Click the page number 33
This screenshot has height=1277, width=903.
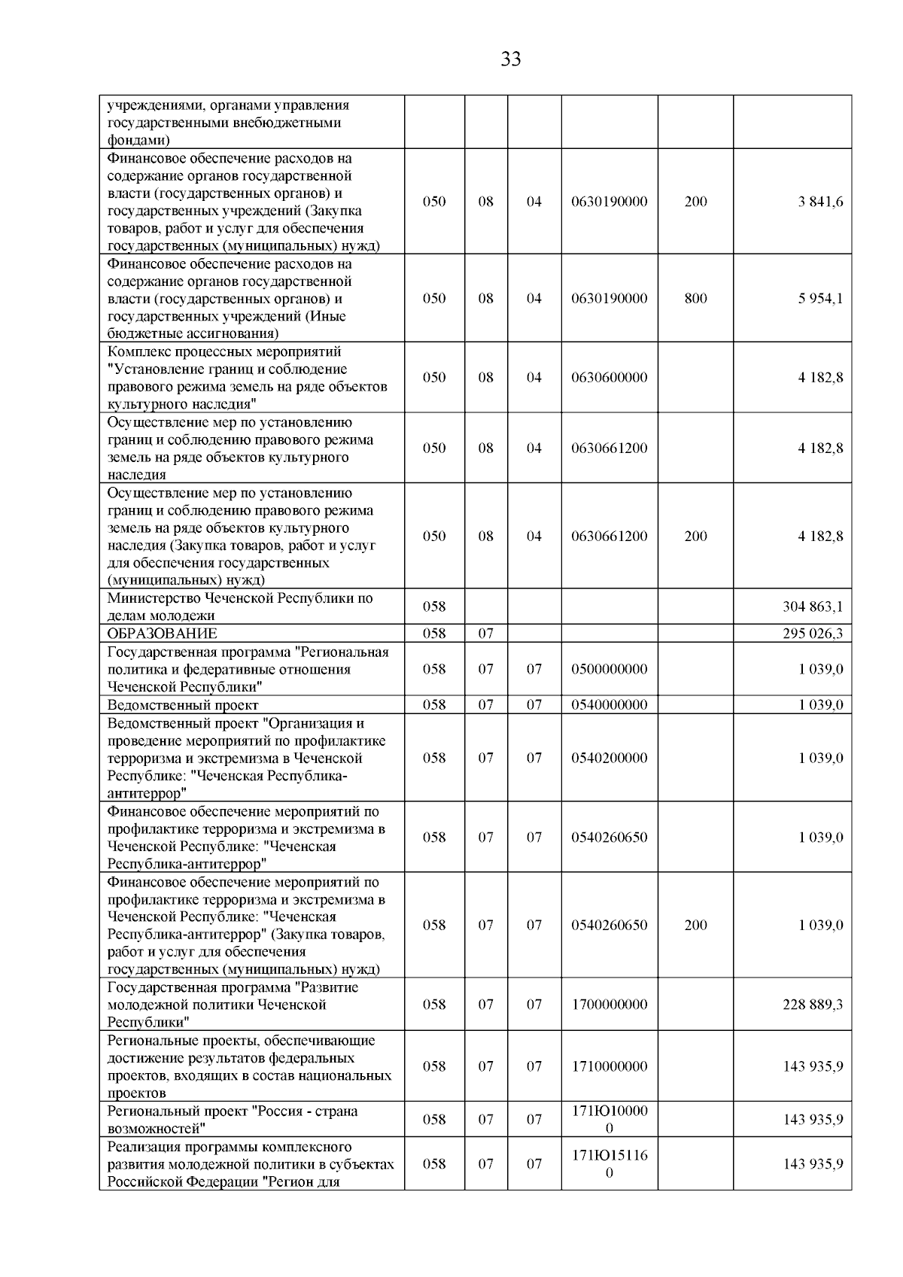[510, 59]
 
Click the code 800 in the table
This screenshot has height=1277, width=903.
[695, 299]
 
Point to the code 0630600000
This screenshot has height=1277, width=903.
[609, 378]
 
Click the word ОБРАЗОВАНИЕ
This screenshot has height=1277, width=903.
[163, 634]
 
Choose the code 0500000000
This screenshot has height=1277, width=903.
[609, 670]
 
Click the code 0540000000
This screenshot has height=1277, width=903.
[609, 705]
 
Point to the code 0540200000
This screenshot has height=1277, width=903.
[609, 759]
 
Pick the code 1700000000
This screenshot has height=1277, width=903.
[609, 1005]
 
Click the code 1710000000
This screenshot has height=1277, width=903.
[609, 1066]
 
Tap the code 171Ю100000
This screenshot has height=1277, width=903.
[609, 1120]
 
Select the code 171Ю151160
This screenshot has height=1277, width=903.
[609, 1164]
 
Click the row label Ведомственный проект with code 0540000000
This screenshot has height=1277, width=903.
[183, 705]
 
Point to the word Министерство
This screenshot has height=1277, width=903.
[153, 598]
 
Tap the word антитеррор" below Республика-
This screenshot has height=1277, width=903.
[147, 793]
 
